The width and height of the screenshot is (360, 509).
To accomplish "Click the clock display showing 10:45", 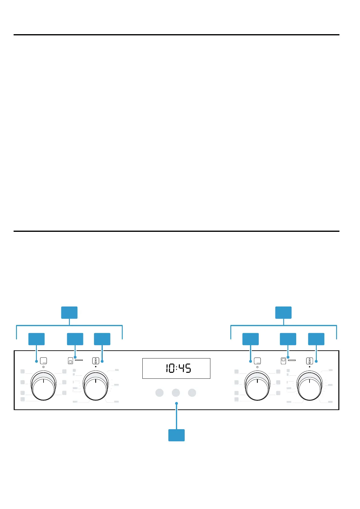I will point(176,368).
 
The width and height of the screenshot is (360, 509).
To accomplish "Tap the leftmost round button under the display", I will point(159,393).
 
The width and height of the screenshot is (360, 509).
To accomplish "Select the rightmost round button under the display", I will point(192,393).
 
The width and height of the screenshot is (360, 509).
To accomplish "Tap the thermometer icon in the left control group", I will point(96,361).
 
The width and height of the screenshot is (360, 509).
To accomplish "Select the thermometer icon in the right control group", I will point(310,361).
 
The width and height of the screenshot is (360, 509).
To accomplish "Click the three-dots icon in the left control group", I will point(44,361).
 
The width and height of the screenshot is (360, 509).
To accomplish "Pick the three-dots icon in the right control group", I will point(258,361).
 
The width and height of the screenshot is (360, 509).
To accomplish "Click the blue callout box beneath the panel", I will point(176,435).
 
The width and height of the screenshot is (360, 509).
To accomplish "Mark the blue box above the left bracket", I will point(69,313).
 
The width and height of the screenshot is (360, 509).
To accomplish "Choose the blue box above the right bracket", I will point(283,313).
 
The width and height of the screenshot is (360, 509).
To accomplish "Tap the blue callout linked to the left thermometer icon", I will point(102,339).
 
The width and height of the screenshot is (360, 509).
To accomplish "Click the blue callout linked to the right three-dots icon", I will point(251,339).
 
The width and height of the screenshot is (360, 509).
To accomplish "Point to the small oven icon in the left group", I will point(70,361).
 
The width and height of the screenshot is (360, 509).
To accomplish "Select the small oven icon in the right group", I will point(283,361).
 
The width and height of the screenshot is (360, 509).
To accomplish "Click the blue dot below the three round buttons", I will point(176,403).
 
